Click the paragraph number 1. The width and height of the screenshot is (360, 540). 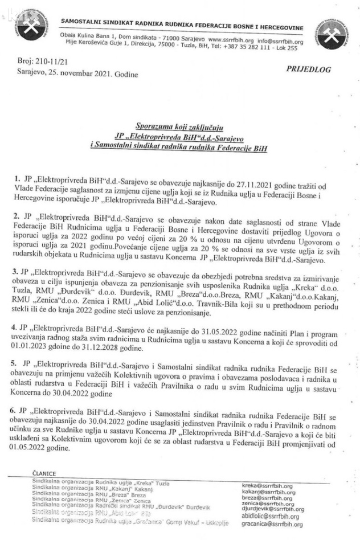(x=18, y=179)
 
